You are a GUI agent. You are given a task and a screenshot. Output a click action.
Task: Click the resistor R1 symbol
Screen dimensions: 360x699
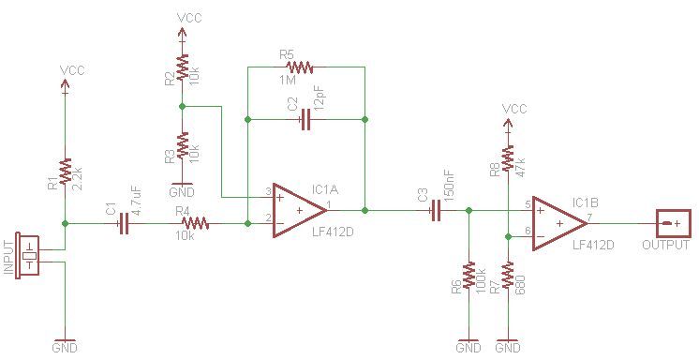click(65, 172)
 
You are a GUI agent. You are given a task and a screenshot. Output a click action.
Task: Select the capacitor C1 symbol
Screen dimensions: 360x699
click(124, 224)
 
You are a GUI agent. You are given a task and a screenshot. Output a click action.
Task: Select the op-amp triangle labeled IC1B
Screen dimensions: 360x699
click(559, 224)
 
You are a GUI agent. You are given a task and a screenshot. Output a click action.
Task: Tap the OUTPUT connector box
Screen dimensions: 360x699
click(673, 224)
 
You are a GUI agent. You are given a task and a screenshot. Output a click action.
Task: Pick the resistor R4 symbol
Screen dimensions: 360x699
click(196, 224)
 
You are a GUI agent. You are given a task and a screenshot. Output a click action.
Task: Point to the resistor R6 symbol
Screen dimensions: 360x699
click(468, 276)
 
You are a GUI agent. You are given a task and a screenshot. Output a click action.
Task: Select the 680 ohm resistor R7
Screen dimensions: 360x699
click(508, 276)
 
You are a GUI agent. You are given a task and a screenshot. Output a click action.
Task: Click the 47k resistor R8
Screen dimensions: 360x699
click(508, 159)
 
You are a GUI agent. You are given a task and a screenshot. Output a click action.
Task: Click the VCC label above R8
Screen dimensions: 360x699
click(514, 109)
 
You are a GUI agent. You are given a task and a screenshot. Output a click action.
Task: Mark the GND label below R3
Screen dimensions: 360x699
click(182, 191)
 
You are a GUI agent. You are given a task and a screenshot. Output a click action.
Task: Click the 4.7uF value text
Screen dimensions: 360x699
click(137, 201)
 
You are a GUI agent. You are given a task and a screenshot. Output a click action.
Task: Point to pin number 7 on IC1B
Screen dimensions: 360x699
click(589, 217)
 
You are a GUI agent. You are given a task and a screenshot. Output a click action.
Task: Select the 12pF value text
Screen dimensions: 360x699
click(320, 97)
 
